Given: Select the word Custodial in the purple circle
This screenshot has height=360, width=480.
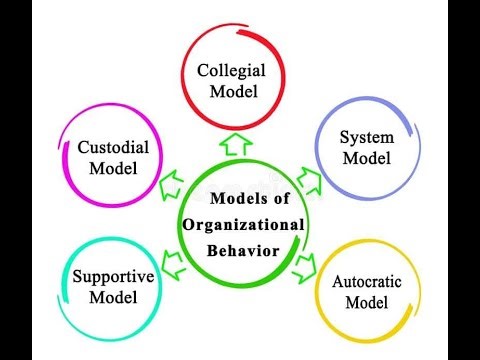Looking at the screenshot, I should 113,147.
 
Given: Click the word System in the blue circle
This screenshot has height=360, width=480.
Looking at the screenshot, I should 366,136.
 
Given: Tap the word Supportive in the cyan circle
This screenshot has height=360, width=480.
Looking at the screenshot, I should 112,278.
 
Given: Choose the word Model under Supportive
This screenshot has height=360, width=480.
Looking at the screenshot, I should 112,298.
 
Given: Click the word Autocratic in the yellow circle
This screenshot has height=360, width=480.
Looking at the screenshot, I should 367,283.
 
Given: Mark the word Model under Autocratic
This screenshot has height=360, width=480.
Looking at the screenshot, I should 367,303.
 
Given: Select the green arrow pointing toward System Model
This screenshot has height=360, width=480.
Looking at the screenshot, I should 311,181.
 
